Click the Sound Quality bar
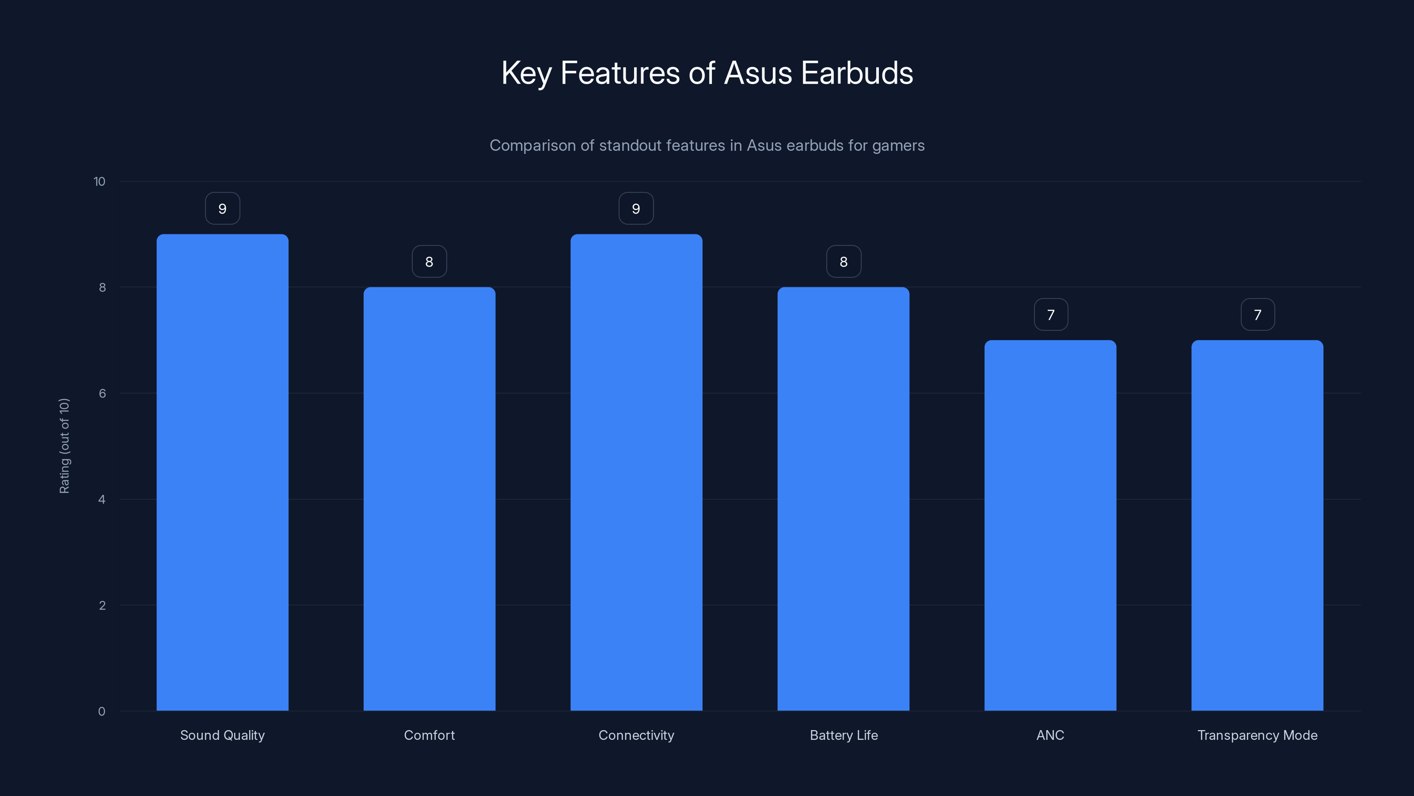click(222, 472)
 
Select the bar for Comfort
click(429, 499)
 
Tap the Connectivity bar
click(636, 472)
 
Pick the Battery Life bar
click(843, 499)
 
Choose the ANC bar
click(1050, 525)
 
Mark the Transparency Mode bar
click(1257, 525)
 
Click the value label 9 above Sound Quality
click(222, 209)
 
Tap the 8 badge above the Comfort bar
click(429, 261)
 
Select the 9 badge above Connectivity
click(636, 209)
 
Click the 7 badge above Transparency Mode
click(1258, 315)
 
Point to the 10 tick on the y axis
click(99, 182)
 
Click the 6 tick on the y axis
click(102, 393)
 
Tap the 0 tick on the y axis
click(102, 712)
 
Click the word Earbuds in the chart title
click(857, 73)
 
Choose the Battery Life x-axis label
click(844, 735)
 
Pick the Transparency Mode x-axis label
click(1257, 735)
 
